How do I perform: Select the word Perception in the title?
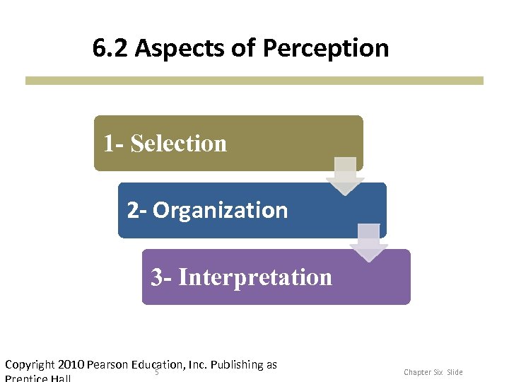coord(326,48)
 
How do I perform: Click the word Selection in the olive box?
coord(179,144)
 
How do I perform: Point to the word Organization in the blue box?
coord(220,210)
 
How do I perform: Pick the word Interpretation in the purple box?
coord(255,277)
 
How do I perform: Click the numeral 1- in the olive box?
coord(114,144)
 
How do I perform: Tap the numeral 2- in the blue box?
coord(137,210)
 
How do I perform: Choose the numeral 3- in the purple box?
coord(161,277)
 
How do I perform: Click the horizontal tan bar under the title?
coord(255,81)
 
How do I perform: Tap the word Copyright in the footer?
coord(30,365)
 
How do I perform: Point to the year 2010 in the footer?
coord(71,365)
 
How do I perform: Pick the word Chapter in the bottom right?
coord(417,372)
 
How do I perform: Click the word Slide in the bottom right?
coord(455,372)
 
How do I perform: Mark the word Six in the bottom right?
coord(438,372)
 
